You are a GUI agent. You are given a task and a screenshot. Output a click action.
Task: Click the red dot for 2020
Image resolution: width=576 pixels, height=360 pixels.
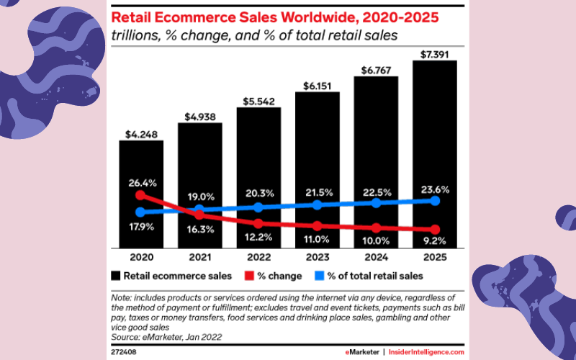click(141, 194)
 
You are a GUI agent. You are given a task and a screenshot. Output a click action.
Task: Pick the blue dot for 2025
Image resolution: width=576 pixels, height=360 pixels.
click(435, 200)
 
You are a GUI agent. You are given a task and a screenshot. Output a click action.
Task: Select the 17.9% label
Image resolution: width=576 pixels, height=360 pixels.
click(141, 228)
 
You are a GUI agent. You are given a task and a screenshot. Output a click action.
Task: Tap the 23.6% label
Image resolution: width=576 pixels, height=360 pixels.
click(435, 189)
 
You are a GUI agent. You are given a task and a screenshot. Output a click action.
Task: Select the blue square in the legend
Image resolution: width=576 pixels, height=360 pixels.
click(321, 275)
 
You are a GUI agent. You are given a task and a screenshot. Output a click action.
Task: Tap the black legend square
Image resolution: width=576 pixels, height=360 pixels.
click(117, 275)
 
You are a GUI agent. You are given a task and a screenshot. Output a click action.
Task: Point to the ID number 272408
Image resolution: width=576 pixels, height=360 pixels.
click(123, 351)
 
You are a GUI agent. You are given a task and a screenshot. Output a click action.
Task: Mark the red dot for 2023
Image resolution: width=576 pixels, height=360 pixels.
click(318, 226)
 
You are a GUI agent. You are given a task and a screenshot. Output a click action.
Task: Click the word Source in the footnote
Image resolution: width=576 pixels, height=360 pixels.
click(125, 336)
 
